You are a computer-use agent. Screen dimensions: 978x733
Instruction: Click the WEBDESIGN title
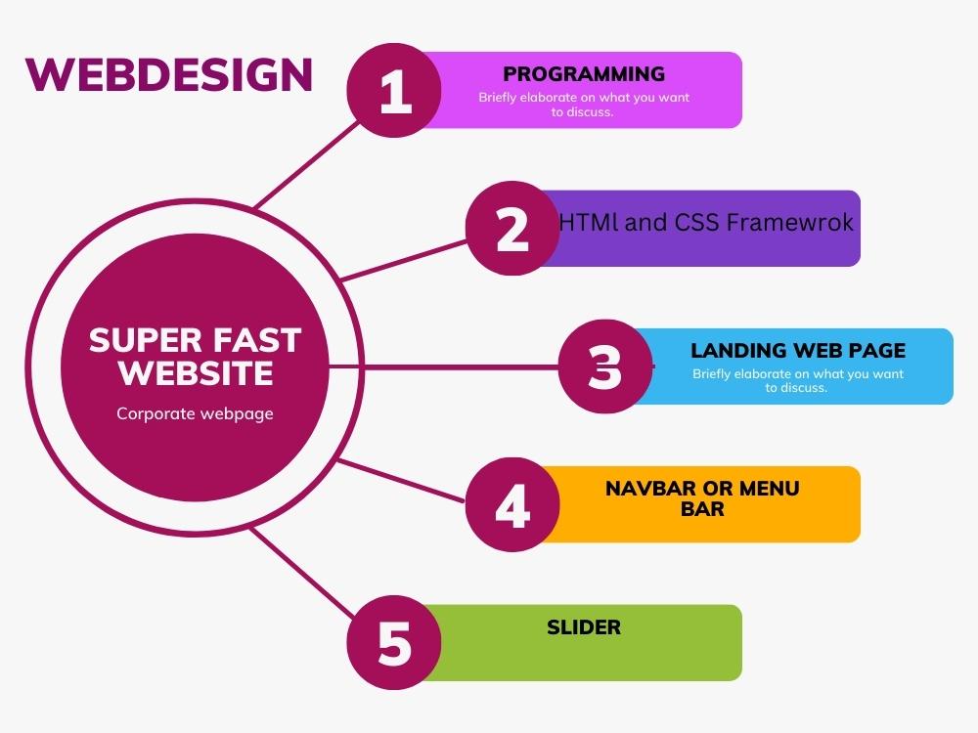[168, 75]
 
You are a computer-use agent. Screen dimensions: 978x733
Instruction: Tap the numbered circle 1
[394, 90]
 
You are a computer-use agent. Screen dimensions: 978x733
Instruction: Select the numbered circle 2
[512, 228]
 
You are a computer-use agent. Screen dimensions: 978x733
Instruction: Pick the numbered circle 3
[605, 366]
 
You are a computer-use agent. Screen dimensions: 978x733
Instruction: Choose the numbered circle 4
[512, 504]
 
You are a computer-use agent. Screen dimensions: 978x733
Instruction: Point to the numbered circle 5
[394, 643]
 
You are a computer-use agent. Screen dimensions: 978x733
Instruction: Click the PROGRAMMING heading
[584, 74]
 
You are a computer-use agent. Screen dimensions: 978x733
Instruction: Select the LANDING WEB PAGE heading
[798, 350]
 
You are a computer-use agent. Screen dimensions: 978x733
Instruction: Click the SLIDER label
[584, 627]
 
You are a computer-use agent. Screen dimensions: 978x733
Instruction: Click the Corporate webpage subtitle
[195, 413]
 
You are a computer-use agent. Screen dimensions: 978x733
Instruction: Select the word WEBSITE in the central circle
[196, 373]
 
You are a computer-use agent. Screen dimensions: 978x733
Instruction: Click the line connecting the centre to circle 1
[307, 164]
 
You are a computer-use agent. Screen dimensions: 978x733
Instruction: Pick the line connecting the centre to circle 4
[401, 480]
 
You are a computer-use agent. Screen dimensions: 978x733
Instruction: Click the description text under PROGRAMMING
[584, 105]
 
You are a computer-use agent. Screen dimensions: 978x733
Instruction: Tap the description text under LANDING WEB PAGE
[798, 380]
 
